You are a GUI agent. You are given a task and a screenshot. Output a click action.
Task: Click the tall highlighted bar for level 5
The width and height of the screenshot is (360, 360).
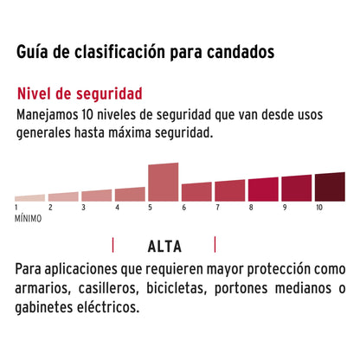[x=164, y=182]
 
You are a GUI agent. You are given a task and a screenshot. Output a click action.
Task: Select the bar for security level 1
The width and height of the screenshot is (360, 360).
[x=29, y=197]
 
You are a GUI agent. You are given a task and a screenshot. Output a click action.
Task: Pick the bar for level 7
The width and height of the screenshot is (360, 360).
[x=229, y=190]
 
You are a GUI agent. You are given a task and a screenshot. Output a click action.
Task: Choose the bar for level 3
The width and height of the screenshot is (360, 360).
[x=96, y=196]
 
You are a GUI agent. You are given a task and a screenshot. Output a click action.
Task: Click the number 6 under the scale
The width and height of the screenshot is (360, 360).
[x=183, y=208]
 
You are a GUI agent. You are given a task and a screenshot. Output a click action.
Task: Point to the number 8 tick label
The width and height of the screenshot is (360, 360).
[x=250, y=208]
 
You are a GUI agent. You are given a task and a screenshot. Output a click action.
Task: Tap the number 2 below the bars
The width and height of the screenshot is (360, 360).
[x=50, y=208]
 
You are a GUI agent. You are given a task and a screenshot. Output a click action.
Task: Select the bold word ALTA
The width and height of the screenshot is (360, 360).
[x=164, y=244]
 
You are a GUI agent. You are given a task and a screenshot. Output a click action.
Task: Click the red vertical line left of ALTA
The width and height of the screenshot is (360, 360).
[x=113, y=244]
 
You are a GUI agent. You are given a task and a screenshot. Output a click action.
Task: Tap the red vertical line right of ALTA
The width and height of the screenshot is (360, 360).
[x=215, y=244]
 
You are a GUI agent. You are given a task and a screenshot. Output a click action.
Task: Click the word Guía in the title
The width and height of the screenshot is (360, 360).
[x=33, y=52]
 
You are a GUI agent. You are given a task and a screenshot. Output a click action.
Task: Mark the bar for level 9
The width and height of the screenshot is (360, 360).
[x=296, y=188]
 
